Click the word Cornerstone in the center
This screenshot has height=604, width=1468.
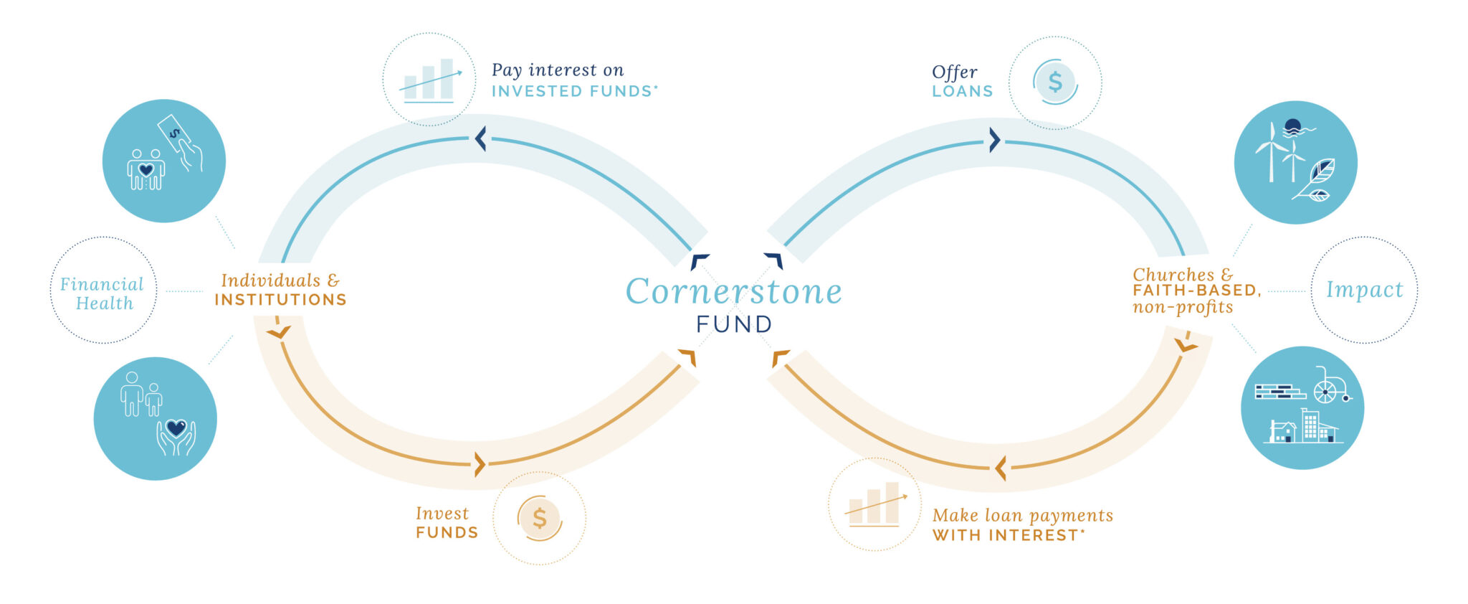(733, 291)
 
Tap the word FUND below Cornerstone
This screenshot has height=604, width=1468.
(734, 324)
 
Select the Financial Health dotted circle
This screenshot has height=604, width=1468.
(103, 291)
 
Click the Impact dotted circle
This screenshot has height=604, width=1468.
(1364, 290)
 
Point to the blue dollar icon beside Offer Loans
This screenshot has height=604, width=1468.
(1055, 82)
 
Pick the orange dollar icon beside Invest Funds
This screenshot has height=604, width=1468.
(540, 518)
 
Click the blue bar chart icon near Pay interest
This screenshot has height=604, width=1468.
(429, 80)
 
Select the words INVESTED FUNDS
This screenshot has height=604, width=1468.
(573, 92)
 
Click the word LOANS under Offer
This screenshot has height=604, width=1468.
(962, 92)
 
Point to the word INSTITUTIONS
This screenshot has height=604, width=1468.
(280, 300)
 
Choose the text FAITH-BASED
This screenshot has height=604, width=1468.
(1196, 291)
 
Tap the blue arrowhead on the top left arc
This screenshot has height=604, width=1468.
(480, 138)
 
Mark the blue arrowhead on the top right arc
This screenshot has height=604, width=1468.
(994, 140)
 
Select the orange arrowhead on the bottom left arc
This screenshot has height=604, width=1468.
(480, 465)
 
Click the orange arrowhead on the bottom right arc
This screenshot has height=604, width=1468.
(1001, 468)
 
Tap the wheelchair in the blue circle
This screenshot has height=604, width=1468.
(1328, 387)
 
